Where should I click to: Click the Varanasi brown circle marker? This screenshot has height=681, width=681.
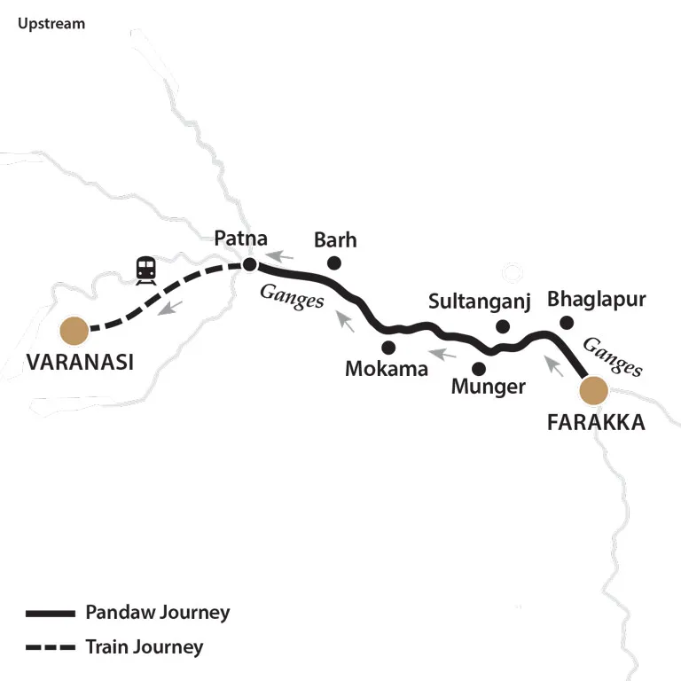[74, 331]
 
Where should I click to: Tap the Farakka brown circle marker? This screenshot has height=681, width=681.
[593, 389]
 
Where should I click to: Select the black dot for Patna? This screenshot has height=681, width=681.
[250, 264]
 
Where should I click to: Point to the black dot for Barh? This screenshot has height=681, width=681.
[334, 262]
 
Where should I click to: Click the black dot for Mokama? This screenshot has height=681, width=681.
[387, 347]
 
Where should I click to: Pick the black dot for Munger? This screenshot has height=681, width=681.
[479, 367]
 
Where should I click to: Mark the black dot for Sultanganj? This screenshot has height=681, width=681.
[503, 326]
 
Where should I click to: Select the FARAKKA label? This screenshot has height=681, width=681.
[596, 422]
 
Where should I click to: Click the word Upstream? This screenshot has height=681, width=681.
[51, 24]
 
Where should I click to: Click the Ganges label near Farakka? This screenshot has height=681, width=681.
[614, 357]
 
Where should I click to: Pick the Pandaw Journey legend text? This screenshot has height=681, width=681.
[157, 612]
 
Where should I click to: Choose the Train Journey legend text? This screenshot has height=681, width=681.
[144, 646]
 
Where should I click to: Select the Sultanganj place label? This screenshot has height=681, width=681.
[479, 301]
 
